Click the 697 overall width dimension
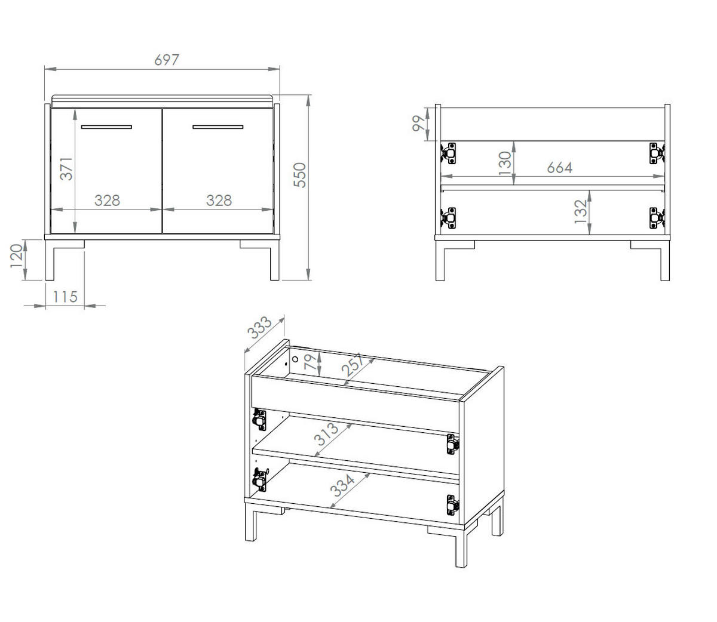click(x=167, y=60)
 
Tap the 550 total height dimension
click(x=300, y=175)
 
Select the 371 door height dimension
click(x=66, y=169)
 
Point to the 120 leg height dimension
click(x=17, y=256)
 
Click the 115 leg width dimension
click(x=65, y=297)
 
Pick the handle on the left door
click(x=106, y=127)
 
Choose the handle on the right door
click(x=218, y=127)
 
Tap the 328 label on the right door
click(x=219, y=201)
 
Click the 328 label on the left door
click(x=107, y=201)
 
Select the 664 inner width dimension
click(x=560, y=168)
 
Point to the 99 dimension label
click(x=418, y=124)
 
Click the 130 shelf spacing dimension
click(x=505, y=164)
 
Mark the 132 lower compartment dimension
click(x=581, y=211)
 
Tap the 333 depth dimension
click(x=259, y=328)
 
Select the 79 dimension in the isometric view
click(x=311, y=362)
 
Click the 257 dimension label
click(x=353, y=365)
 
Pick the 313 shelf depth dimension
click(x=326, y=435)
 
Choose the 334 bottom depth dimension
click(x=342, y=485)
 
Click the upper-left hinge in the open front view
click(x=448, y=153)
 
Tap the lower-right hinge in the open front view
click(x=657, y=218)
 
